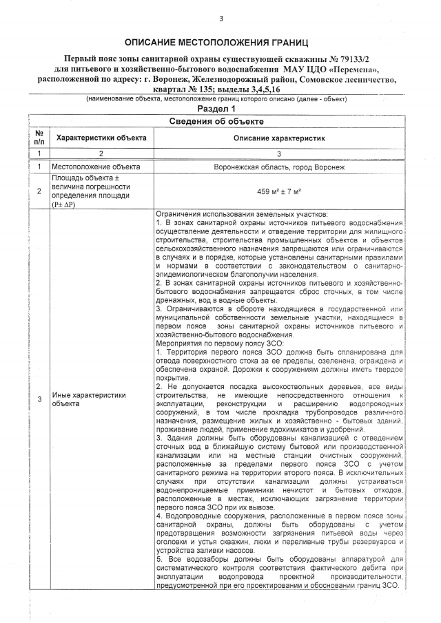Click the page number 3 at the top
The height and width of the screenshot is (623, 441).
221,19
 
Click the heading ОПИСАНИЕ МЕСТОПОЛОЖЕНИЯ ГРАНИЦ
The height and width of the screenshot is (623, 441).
220,43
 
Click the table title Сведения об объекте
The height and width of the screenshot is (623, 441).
220,121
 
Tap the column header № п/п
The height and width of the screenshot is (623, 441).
39,138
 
